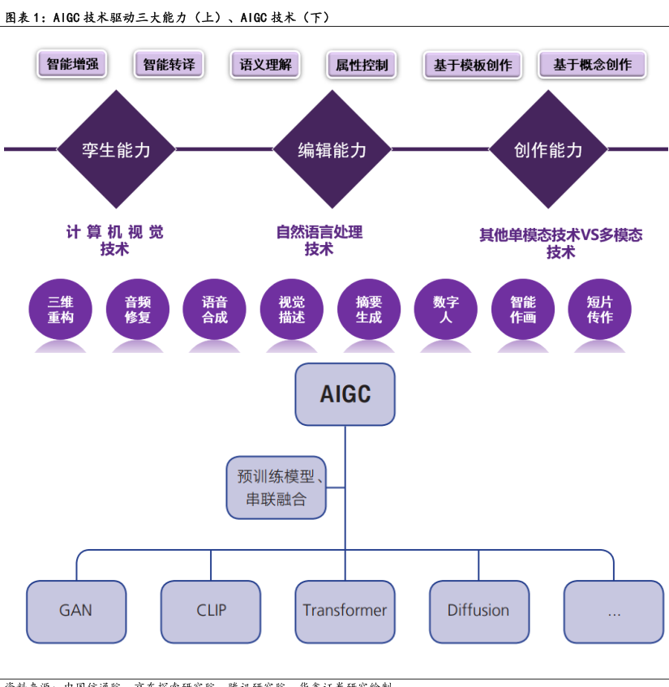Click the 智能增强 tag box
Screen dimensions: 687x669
click(x=73, y=64)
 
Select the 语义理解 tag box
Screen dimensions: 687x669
click(x=265, y=64)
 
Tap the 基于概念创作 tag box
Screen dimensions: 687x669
click(x=592, y=65)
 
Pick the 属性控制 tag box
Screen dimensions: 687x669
click(x=362, y=65)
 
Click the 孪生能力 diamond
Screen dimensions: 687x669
click(x=116, y=149)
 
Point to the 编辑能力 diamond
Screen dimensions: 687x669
click(x=332, y=149)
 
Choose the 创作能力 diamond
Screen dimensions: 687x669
click(x=548, y=149)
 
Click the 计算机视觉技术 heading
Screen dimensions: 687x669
click(x=114, y=241)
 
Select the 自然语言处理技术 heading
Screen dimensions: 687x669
click(x=319, y=241)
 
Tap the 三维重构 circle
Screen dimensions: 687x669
click(x=61, y=310)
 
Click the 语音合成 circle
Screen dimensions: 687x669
click(x=215, y=310)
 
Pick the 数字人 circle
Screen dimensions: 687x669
click(x=446, y=310)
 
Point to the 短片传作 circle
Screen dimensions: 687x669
click(x=600, y=310)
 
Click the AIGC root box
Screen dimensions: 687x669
click(x=345, y=394)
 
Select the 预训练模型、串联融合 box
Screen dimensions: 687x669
click(x=277, y=487)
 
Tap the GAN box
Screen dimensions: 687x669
click(x=76, y=611)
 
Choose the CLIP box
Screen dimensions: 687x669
click(x=211, y=611)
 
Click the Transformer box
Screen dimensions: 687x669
click(x=345, y=611)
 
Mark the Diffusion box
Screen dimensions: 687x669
click(x=478, y=611)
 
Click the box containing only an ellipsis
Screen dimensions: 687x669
click(x=614, y=611)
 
